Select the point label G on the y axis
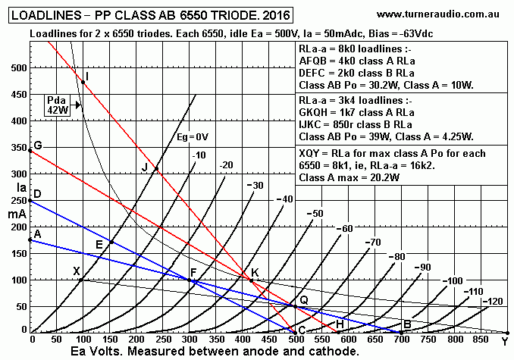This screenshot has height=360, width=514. click(36, 146)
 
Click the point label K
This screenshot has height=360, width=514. click(255, 273)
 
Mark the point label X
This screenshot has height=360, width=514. click(76, 271)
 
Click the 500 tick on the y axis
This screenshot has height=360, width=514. click(17, 67)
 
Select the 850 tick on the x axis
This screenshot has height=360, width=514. click(481, 340)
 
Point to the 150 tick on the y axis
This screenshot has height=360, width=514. click(17, 253)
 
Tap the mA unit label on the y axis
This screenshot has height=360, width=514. click(16, 214)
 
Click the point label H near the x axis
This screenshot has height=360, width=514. click(340, 324)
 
